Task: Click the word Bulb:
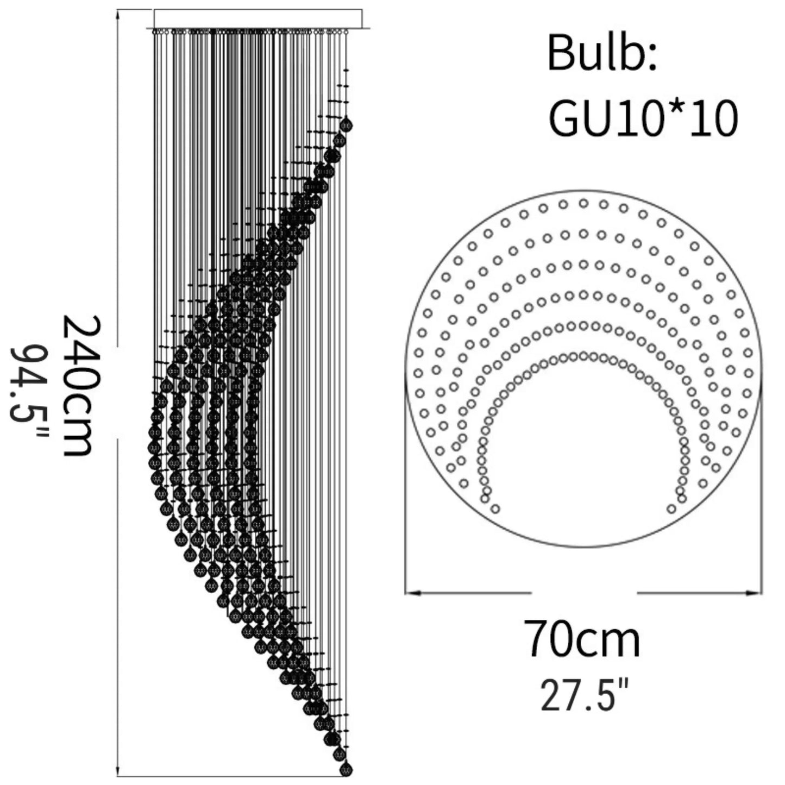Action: click(602, 54)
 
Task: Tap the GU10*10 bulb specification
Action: click(643, 118)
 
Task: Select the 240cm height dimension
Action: click(77, 385)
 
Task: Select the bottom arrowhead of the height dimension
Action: click(117, 769)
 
